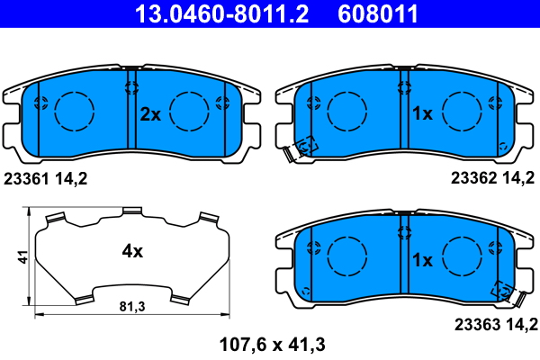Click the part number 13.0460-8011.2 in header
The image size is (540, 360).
[x=221, y=13]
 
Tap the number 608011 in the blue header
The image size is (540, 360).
[x=378, y=13]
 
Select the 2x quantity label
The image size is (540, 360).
[x=150, y=114]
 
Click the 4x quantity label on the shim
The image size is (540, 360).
[x=132, y=251]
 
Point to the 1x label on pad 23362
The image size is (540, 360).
[x=422, y=113]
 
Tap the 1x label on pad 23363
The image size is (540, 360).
[x=422, y=260]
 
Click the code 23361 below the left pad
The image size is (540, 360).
[x=26, y=179]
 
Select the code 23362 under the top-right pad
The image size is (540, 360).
[x=473, y=178]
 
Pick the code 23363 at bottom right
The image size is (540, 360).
[x=477, y=325]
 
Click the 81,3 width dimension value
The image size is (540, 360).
[x=132, y=306]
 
